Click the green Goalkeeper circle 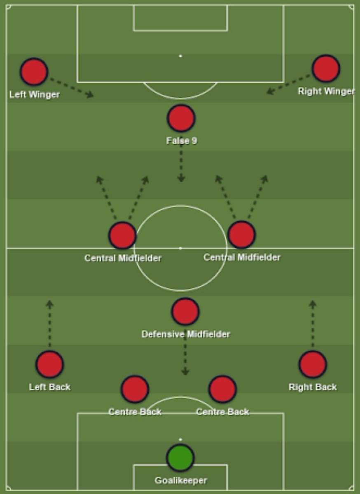coord(180,457)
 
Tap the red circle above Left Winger coord(34,72)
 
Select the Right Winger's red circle coord(326,68)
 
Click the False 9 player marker coord(181,118)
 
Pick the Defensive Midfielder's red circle coord(185,312)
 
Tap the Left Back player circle coord(49,364)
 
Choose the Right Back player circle coord(313,364)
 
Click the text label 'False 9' coord(181,141)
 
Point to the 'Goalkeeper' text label coord(181,480)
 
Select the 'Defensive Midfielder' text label coord(185,334)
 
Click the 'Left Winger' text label coord(35,95)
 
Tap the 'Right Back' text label coord(313,387)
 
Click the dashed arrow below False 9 coord(181,165)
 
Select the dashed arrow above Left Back coord(50,324)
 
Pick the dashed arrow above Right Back coord(313,324)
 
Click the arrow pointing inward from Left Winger coord(71,87)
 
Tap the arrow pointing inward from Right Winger coord(288,84)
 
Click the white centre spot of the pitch coord(180,248)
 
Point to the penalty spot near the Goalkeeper coord(180,440)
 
